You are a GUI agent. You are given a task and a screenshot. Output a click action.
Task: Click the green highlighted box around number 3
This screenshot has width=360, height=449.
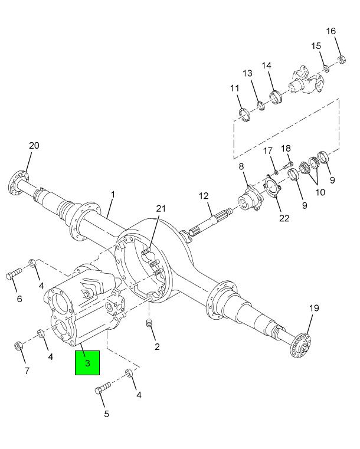point(87,363)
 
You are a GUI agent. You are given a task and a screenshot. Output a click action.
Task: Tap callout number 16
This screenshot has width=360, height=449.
point(331,31)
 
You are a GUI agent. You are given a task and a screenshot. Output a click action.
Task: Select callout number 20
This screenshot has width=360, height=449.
point(34,146)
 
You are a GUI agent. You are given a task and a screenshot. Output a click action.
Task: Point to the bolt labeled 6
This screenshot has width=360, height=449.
point(14,273)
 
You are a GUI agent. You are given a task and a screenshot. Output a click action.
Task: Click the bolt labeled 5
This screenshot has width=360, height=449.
point(103,388)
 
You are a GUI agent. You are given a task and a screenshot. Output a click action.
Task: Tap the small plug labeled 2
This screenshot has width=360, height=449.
point(149,323)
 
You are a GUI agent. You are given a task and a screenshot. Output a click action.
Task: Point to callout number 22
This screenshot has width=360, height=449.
point(284,218)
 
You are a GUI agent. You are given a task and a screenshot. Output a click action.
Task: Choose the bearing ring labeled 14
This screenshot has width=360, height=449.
point(276,97)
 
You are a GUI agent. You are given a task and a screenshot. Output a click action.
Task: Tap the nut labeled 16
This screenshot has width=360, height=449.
point(341,60)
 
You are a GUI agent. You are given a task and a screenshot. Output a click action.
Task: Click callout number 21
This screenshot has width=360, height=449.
point(161,209)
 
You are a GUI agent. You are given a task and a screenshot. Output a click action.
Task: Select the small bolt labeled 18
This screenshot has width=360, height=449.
point(287,165)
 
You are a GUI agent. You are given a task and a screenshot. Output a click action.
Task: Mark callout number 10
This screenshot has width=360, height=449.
point(320,192)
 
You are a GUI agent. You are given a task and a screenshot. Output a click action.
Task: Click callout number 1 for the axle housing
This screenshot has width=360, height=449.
point(113,195)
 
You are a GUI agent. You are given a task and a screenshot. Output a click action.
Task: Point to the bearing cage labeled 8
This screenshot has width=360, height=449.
point(249,198)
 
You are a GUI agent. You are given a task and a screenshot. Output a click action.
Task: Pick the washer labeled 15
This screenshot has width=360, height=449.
point(326,68)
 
